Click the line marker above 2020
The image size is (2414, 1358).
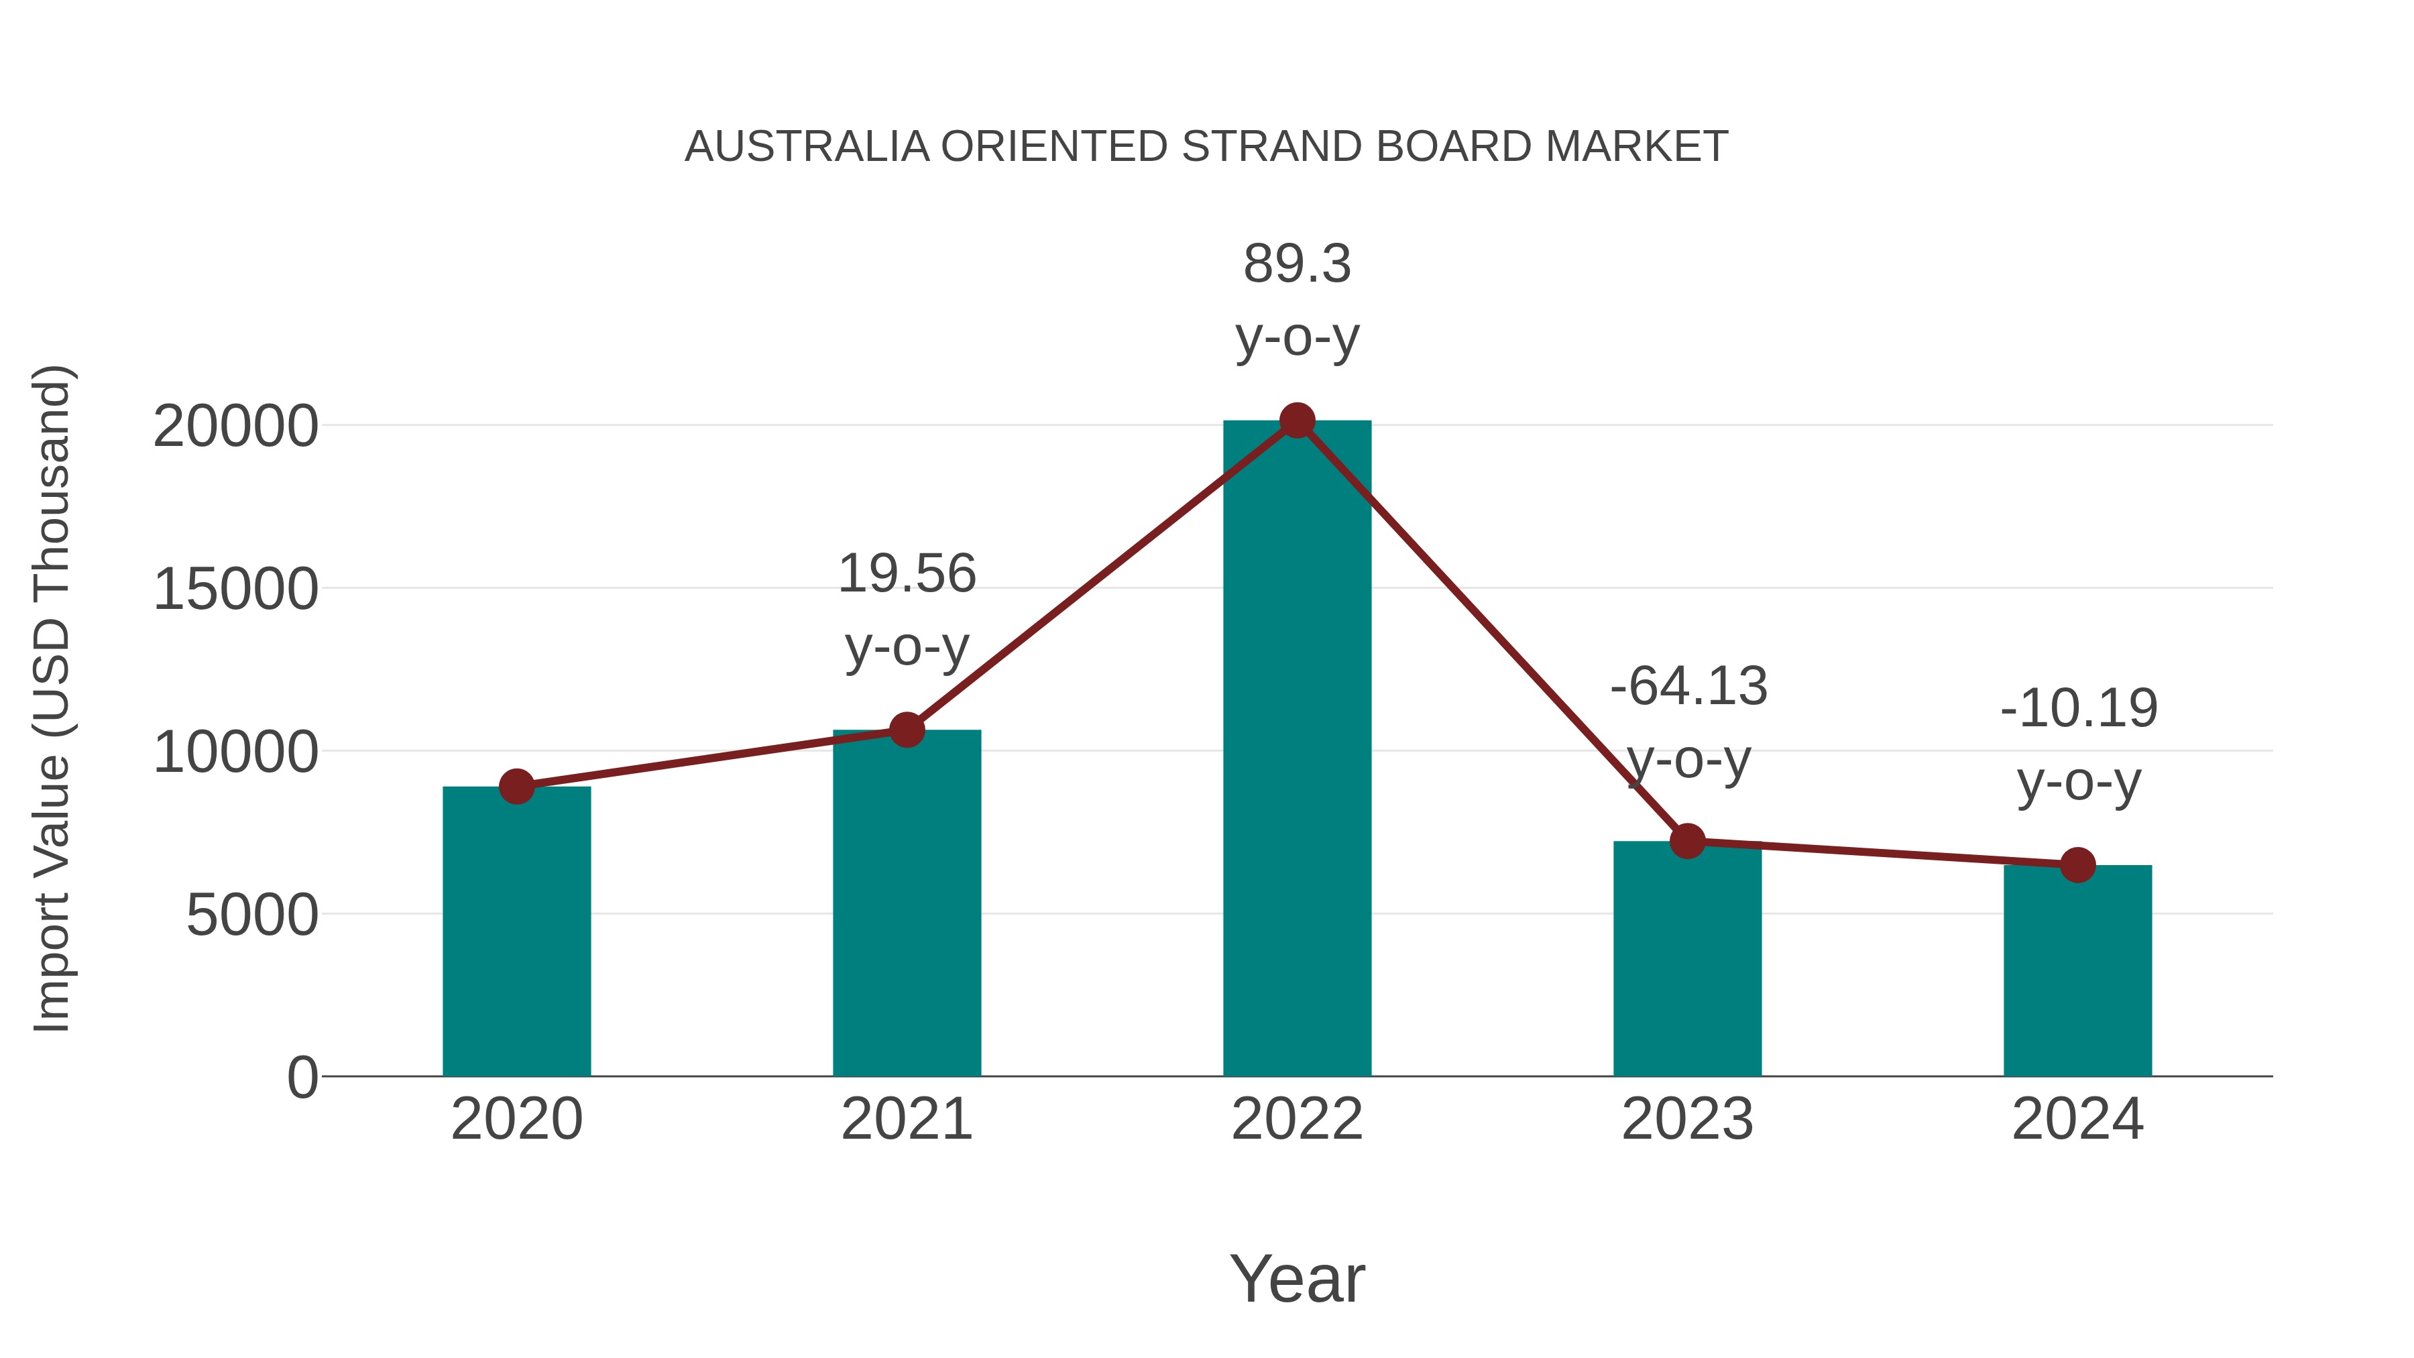[516, 787]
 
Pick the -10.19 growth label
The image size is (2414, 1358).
[2079, 744]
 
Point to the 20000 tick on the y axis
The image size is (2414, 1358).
[235, 427]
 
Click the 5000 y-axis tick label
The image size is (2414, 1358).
[252, 915]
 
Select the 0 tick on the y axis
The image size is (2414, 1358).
[302, 1078]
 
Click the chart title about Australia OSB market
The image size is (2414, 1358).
[1206, 147]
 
